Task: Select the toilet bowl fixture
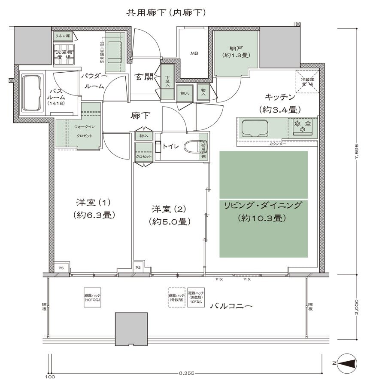coord(192,147)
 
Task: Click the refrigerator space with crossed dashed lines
coord(308,81)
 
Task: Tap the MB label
coord(194,53)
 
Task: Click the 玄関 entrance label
coord(143,77)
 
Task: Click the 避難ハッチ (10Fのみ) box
coord(93,297)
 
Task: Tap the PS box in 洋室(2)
coord(138,267)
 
